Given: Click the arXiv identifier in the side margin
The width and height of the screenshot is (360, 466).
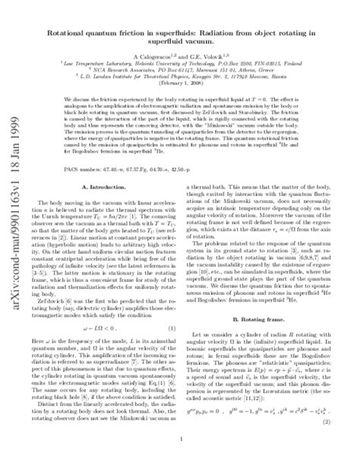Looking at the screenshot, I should point(13,220).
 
